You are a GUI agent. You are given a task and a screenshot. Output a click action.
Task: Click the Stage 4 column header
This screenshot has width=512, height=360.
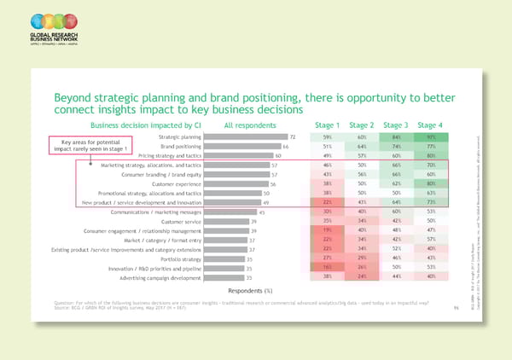click(430, 125)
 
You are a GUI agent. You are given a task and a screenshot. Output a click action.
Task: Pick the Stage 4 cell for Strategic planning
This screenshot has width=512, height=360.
click(430, 136)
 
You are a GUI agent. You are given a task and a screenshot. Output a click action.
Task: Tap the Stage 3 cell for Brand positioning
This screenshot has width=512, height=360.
click(396, 147)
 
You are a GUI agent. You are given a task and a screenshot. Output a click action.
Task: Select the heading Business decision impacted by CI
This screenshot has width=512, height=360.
click(151, 125)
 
